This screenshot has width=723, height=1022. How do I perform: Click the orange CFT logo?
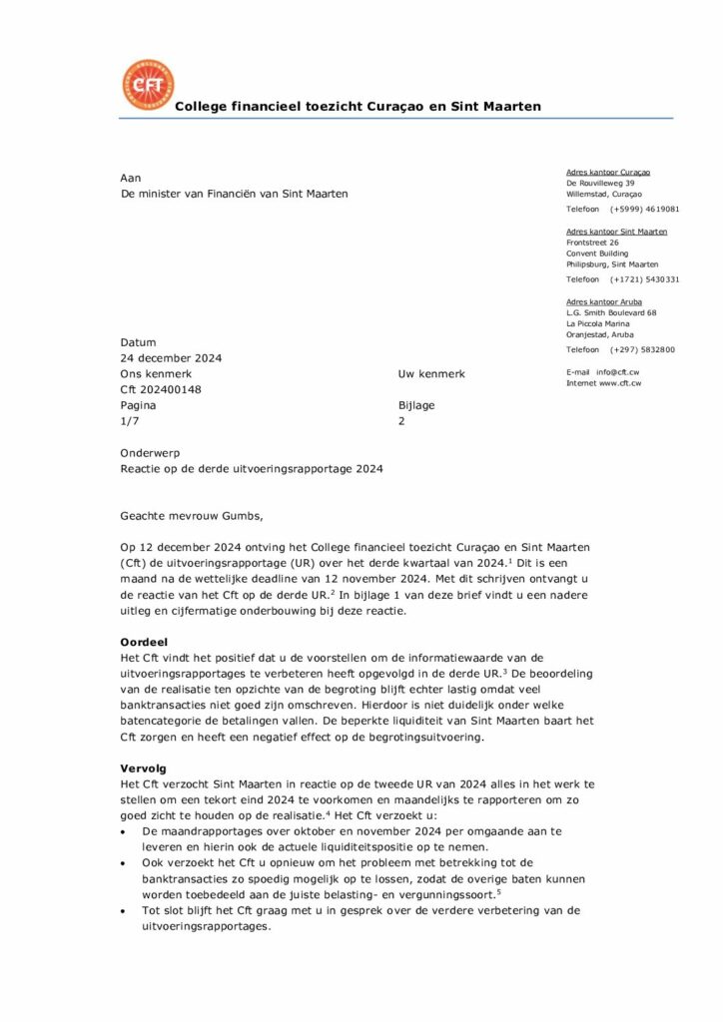[x=147, y=85]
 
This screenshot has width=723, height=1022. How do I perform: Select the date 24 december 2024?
[x=171, y=358]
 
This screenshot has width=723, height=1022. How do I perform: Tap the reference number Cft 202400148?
[x=161, y=390]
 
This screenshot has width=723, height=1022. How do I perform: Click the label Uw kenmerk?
[x=431, y=374]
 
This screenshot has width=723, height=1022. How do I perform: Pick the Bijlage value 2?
[x=401, y=422]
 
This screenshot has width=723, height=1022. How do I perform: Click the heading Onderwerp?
[x=150, y=453]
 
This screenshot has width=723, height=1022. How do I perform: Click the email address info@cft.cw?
[x=619, y=371]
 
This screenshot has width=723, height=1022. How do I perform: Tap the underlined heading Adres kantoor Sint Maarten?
[x=616, y=232]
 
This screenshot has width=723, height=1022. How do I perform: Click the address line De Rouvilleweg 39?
[x=600, y=184]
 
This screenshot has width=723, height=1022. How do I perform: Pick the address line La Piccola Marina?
[x=600, y=323]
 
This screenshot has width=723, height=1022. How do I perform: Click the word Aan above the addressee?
[x=131, y=177]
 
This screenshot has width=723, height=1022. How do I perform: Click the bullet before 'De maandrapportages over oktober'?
[x=124, y=830]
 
